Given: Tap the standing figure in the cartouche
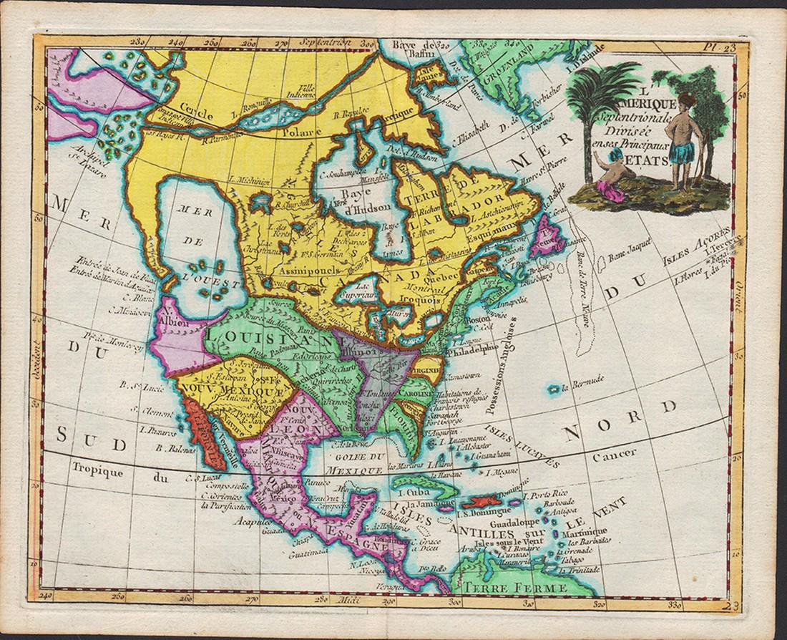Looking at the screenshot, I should click(688, 136).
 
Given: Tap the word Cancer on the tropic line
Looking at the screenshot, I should click(620, 452).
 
